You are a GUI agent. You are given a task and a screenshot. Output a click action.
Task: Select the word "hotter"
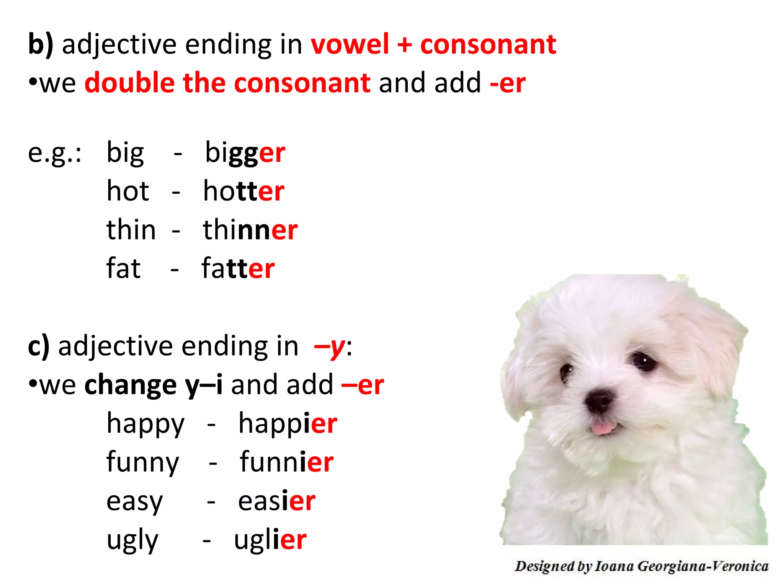(x=243, y=191)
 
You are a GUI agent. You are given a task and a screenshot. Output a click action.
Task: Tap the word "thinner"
(x=250, y=230)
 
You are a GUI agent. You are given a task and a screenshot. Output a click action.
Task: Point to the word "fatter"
(x=238, y=268)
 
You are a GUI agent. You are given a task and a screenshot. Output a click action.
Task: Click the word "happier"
(x=287, y=424)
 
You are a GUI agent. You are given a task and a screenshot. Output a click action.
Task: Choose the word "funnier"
(x=286, y=462)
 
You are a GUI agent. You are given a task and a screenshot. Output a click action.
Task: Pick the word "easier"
(x=276, y=501)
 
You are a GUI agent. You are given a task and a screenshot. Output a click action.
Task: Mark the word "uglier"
(x=270, y=540)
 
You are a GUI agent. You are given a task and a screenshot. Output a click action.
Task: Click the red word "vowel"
(x=350, y=44)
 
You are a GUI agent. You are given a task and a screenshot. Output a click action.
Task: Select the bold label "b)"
(x=41, y=44)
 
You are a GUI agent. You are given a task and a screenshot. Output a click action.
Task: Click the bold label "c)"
(x=39, y=346)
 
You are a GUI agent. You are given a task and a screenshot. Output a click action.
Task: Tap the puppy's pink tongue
(x=603, y=428)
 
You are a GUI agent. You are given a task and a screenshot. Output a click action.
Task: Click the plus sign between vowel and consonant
(x=404, y=44)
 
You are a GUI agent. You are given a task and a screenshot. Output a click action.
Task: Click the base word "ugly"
(x=132, y=540)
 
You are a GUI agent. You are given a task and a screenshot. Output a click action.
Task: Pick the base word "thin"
(x=131, y=230)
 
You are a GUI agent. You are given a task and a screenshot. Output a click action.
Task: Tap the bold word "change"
(x=130, y=385)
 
